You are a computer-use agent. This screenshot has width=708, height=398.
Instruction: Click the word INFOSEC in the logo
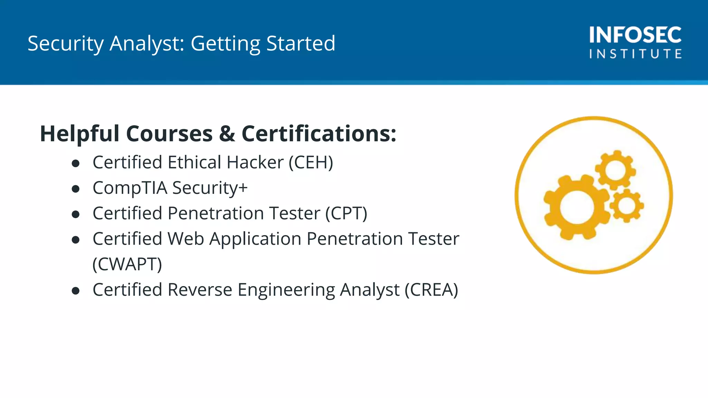click(635, 35)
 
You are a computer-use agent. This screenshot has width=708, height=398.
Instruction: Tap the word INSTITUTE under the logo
click(635, 54)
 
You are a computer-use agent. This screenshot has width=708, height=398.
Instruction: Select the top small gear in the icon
click(615, 170)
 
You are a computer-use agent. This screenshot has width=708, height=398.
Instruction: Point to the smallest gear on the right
click(626, 206)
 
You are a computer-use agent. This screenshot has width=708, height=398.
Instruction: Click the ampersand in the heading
click(227, 134)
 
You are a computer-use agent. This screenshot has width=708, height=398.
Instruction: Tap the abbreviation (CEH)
click(311, 162)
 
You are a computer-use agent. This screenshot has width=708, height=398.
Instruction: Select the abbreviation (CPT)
click(346, 213)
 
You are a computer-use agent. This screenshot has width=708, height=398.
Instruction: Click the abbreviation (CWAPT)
click(127, 264)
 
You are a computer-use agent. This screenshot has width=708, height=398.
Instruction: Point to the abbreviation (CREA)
click(431, 290)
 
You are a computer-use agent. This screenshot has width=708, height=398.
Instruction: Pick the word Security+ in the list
click(210, 188)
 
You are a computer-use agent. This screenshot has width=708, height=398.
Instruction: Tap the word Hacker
click(255, 162)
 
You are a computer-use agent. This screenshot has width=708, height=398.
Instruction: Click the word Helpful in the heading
click(80, 134)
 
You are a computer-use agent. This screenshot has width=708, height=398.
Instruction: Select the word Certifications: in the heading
click(319, 134)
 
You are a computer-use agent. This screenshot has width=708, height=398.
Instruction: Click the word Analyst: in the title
click(147, 44)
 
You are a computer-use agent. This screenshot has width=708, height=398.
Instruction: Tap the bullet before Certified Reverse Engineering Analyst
click(76, 291)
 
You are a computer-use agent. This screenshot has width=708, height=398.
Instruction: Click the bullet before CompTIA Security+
click(76, 189)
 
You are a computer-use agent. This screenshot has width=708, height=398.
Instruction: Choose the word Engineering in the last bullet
click(286, 290)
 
